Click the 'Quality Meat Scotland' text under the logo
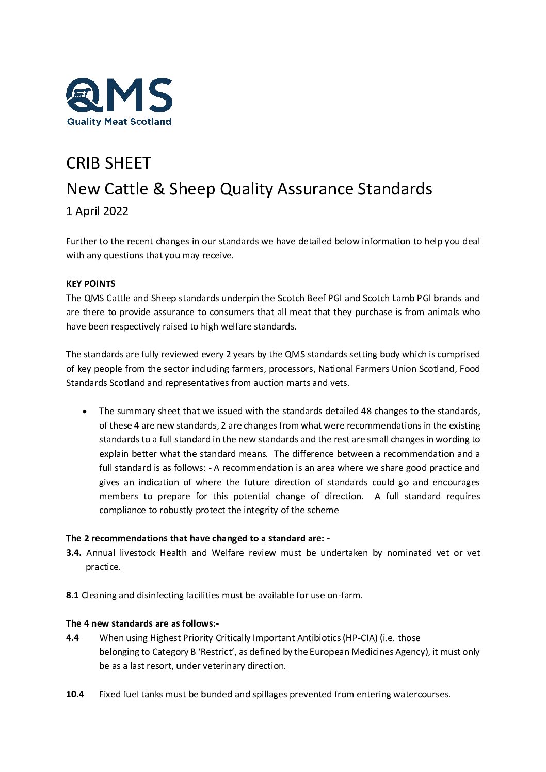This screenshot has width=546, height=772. click(x=119, y=122)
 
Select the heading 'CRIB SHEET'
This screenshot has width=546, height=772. click(x=108, y=163)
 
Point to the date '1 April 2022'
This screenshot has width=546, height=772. click(x=97, y=211)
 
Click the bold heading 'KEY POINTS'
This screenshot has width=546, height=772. click(x=90, y=284)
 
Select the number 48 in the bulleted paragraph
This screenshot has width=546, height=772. click(x=366, y=411)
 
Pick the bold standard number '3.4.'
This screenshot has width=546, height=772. click(x=74, y=553)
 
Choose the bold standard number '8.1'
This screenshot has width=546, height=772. click(x=72, y=595)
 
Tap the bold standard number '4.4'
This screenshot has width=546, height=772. click(x=72, y=638)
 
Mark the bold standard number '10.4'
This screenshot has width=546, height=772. click(x=75, y=694)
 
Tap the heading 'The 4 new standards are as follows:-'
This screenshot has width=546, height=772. click(x=142, y=623)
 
